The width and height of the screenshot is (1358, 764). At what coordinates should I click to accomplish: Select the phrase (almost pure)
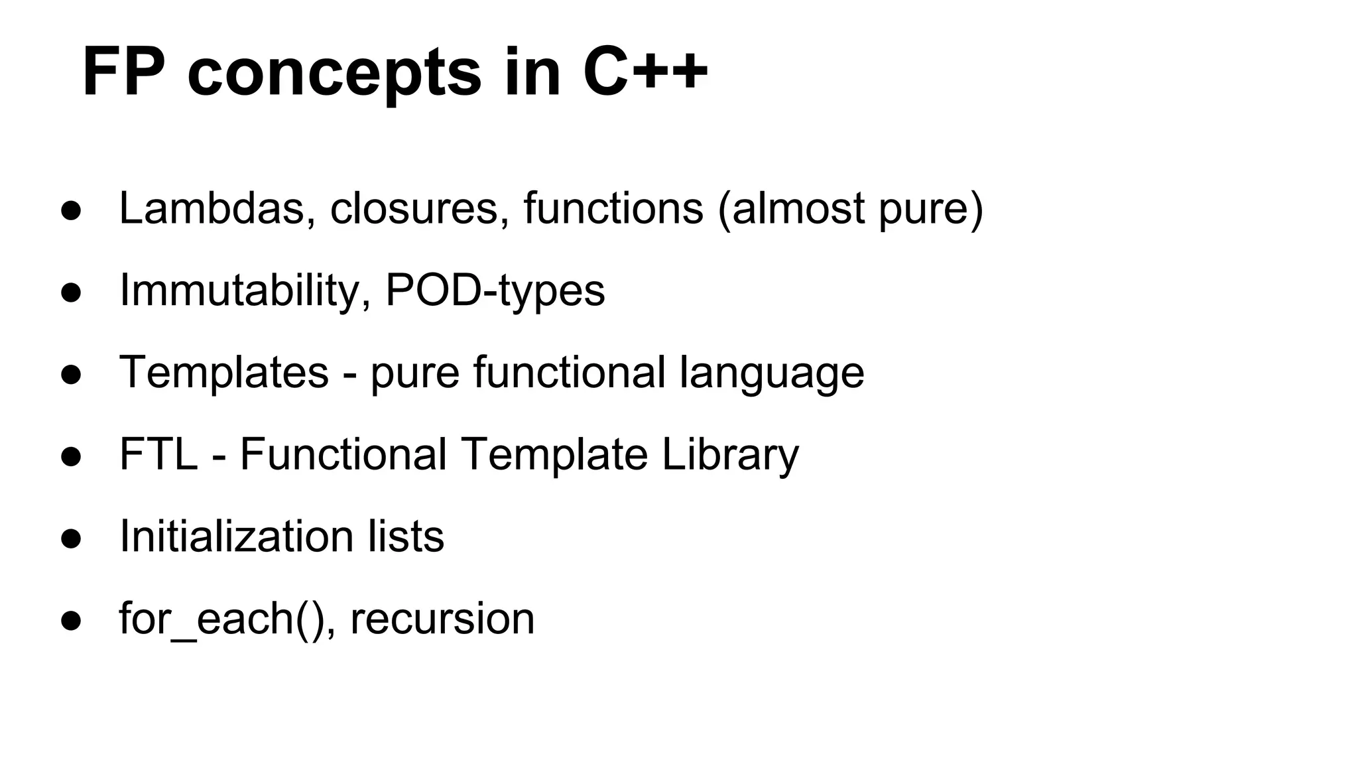coord(850,210)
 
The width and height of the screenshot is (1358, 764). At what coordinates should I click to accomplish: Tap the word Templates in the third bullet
coord(223,373)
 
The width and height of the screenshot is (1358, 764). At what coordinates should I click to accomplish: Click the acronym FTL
coord(158,454)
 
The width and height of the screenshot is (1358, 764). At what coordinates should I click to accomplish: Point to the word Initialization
coord(236,536)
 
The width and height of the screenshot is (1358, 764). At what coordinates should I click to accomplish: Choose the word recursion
coord(442,619)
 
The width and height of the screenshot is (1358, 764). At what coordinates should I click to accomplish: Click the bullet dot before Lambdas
coord(71,211)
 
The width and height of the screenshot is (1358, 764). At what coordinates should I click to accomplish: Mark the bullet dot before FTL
coord(71,457)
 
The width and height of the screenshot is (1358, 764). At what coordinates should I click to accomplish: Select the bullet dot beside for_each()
coord(71,621)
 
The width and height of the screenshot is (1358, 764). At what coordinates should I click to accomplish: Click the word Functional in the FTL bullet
coord(343,454)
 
